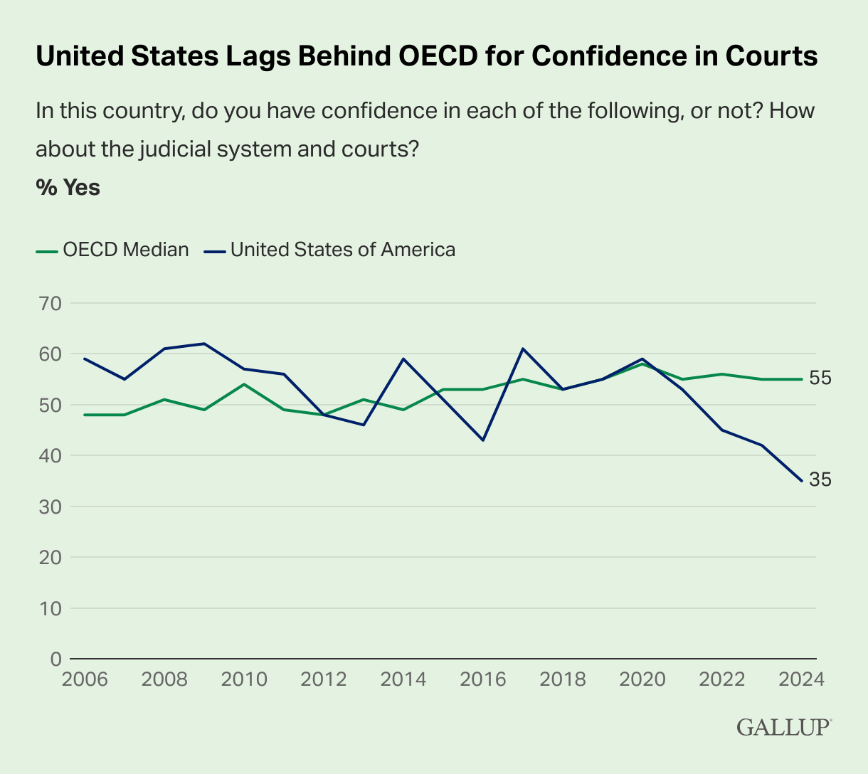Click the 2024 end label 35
click(820, 480)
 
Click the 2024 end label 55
click(820, 378)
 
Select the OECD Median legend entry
click(112, 250)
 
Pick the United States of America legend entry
click(329, 250)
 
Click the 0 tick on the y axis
click(55, 659)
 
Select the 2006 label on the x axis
click(85, 679)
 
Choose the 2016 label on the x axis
click(483, 679)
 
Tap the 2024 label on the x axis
click(801, 679)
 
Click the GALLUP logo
click(783, 728)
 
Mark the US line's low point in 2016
click(483, 440)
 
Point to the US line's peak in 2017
click(523, 349)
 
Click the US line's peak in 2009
click(204, 344)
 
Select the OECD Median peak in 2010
click(244, 384)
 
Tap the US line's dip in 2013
click(364, 425)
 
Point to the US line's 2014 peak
click(403, 359)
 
